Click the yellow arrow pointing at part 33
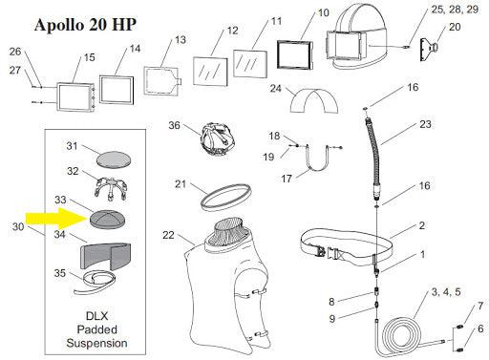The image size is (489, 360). (x=57, y=219)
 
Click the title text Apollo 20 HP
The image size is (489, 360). (x=85, y=25)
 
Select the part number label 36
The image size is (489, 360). (x=174, y=125)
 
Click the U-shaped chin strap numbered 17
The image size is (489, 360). (x=317, y=159)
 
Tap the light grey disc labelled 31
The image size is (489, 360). (x=114, y=159)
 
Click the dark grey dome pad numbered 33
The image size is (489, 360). (x=107, y=219)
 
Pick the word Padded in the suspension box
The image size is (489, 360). (x=97, y=329)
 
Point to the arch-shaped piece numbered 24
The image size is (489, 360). (x=314, y=100)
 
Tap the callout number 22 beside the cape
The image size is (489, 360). (x=168, y=235)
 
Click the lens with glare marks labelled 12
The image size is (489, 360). (x=210, y=72)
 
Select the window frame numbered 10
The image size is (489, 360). (x=295, y=54)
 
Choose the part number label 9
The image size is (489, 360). (x=332, y=318)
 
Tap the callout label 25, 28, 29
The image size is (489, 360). (x=455, y=10)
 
